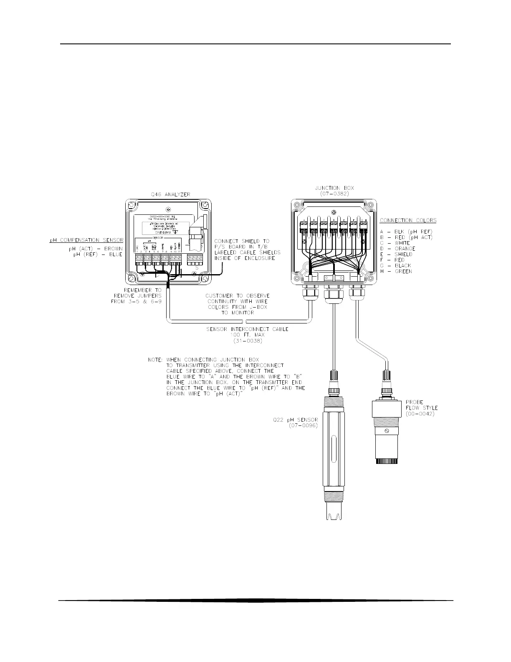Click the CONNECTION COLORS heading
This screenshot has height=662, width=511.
point(408,220)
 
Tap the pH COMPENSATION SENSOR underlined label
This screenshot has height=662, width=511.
point(86,240)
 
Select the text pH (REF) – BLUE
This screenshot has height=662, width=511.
point(96,254)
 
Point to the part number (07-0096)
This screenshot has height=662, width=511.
point(303,426)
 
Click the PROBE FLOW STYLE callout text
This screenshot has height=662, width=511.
point(421,408)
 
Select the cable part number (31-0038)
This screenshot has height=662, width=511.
point(248,341)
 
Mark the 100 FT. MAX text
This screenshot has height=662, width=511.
point(248,335)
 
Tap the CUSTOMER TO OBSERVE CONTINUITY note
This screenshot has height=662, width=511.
point(237,304)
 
